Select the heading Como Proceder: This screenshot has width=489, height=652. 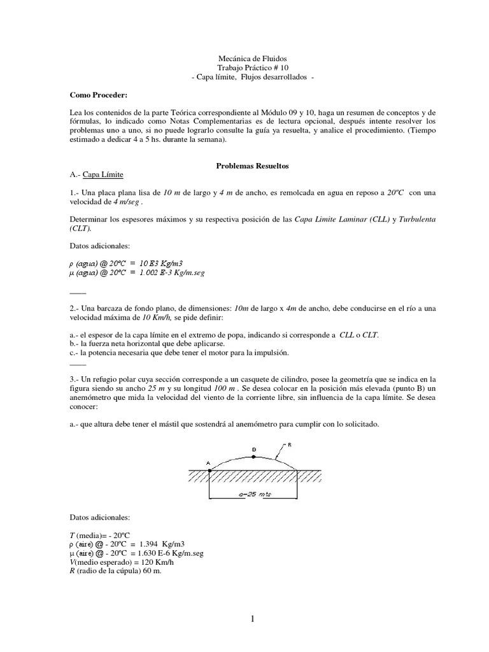[99, 95]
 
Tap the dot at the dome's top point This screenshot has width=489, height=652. [254, 455]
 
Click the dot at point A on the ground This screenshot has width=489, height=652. [209, 470]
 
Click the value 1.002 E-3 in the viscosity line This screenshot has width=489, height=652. [157, 273]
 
